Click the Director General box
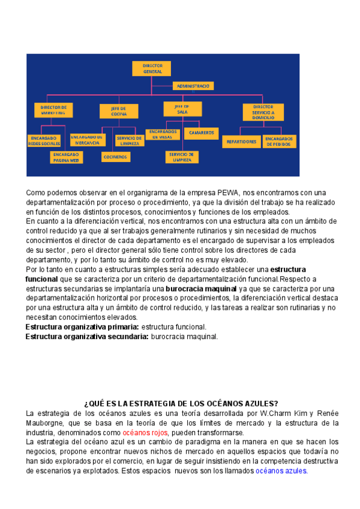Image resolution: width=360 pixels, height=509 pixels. tap(152, 68)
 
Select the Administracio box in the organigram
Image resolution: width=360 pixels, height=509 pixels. tap(193, 86)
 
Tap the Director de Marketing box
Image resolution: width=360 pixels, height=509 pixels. tap(53, 109)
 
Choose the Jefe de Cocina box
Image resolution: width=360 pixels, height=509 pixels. tap(119, 111)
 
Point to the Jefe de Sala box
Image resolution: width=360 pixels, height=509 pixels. tap(182, 109)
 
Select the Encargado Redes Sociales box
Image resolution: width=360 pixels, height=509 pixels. tap(44, 141)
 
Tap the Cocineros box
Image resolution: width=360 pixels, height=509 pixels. tap(115, 157)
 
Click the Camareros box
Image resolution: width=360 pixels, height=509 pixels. tap(201, 133)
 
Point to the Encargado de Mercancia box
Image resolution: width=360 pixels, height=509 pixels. tap(88, 140)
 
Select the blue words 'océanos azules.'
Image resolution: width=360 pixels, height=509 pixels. tap(281, 471)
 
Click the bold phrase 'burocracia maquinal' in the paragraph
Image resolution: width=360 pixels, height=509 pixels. tap(201, 289)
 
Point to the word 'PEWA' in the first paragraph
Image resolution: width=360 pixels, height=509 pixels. tap(227, 193)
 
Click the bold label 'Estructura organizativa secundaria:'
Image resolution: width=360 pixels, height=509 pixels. tap(87, 337)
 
